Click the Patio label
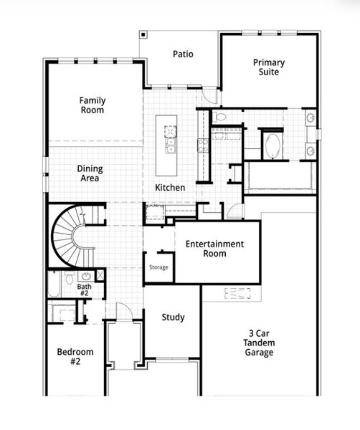[182, 54]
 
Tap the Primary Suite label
[269, 67]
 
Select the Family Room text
[92, 105]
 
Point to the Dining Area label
[90, 173]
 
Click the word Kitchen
[170, 188]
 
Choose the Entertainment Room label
[214, 249]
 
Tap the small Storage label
[158, 267]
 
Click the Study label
[173, 317]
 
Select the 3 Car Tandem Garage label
[260, 343]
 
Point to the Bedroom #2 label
[75, 357]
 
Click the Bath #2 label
[84, 290]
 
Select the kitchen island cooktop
[171, 130]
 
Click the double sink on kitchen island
[171, 146]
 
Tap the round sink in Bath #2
[86, 275]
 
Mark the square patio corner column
[143, 34]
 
